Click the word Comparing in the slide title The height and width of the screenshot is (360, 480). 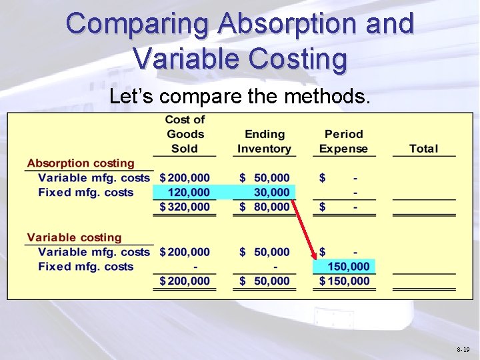click(x=139, y=24)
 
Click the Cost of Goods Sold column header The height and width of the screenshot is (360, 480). click(x=185, y=134)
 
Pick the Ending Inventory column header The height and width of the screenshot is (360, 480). click(x=264, y=141)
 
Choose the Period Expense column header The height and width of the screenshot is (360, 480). click(x=343, y=141)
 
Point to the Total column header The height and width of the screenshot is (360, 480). click(x=423, y=149)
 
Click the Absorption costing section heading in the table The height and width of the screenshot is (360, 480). click(x=81, y=163)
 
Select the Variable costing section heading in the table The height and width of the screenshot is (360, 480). click(x=75, y=237)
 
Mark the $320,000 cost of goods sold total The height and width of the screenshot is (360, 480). click(x=185, y=207)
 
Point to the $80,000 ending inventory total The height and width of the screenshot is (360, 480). click(x=265, y=207)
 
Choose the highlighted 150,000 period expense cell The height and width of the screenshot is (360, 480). click(x=347, y=267)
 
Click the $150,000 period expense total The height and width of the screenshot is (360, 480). click(x=344, y=281)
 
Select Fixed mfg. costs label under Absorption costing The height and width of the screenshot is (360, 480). click(x=86, y=193)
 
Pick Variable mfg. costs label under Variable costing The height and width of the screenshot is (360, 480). click(x=94, y=252)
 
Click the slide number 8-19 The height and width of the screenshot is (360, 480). click(x=463, y=349)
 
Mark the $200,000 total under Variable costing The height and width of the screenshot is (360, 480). click(x=185, y=281)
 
